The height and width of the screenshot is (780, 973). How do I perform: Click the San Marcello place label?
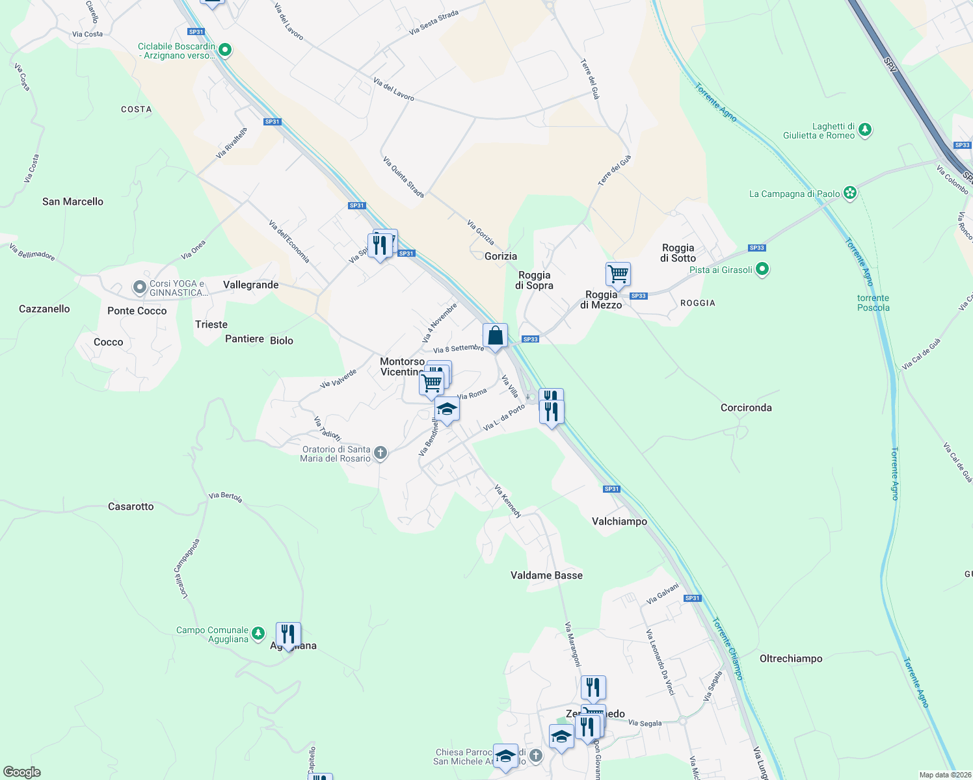(x=73, y=201)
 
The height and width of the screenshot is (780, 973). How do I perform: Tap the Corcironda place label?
(x=746, y=408)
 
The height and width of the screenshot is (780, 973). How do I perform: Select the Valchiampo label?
(x=619, y=521)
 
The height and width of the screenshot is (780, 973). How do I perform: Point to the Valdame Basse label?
(x=546, y=575)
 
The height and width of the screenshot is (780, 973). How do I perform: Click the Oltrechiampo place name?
(x=791, y=658)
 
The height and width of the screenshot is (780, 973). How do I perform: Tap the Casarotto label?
(x=131, y=506)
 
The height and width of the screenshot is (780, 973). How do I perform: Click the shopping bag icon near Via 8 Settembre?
(x=495, y=336)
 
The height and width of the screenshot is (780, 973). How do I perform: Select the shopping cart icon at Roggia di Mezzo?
(x=618, y=274)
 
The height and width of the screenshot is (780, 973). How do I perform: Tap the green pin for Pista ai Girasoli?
(x=763, y=268)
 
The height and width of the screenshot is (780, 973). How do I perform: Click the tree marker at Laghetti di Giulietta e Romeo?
(x=865, y=130)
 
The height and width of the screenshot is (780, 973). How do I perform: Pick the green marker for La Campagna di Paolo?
(x=849, y=192)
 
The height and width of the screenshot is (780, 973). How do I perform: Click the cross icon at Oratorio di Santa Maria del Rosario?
(x=380, y=453)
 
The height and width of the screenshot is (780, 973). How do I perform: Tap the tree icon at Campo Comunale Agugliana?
(x=258, y=632)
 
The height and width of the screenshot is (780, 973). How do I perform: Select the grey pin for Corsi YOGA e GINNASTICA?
(x=139, y=287)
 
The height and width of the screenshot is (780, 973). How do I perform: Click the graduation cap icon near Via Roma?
(x=447, y=409)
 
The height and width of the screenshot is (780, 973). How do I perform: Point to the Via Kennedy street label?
(x=507, y=501)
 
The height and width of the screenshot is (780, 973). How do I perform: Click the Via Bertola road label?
(x=226, y=497)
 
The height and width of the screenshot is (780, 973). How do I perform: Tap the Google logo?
(x=22, y=772)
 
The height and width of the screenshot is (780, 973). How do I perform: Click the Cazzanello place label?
(x=44, y=309)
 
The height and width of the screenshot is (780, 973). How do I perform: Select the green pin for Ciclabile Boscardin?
(x=225, y=49)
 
